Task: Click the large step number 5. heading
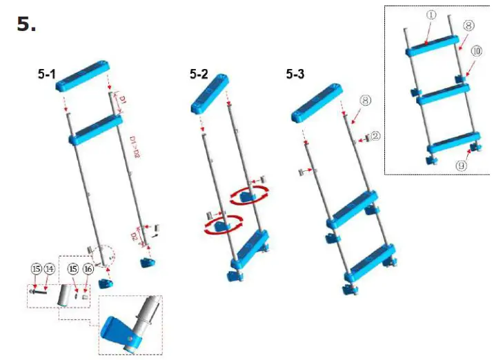26,25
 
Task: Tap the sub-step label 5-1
47,74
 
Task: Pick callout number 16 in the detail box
88,268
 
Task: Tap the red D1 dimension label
122,103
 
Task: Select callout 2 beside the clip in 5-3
375,137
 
